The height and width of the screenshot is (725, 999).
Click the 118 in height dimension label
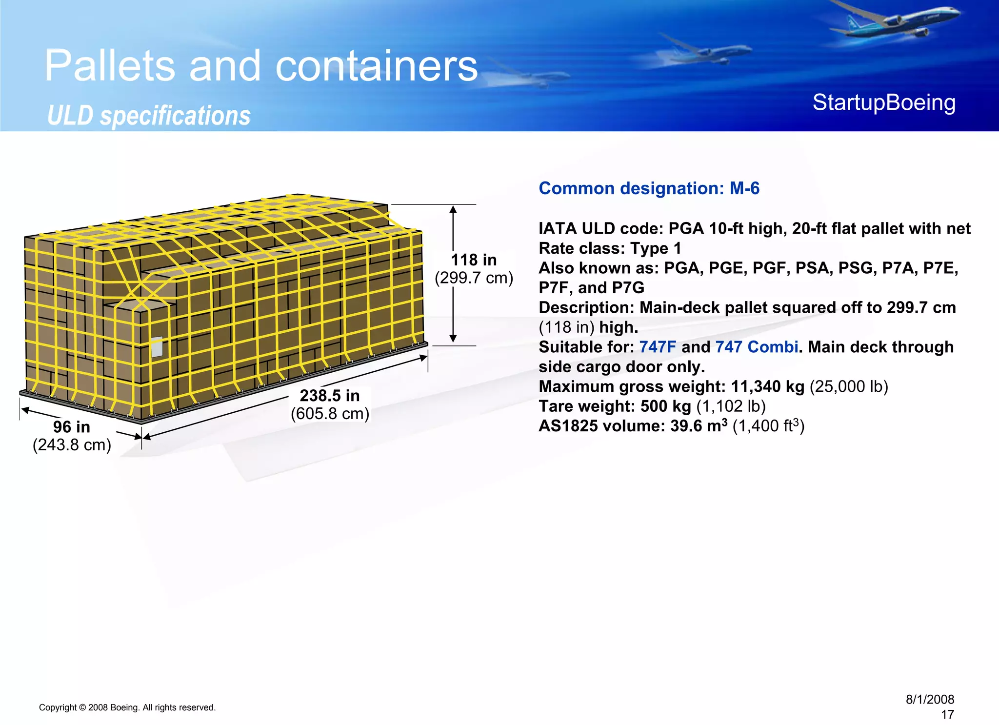coord(473,260)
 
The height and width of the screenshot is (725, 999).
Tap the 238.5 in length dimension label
coord(330,396)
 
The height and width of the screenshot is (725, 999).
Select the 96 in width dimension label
coord(72,427)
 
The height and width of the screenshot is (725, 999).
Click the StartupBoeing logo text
coord(884,103)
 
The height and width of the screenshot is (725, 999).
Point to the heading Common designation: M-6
coord(649,189)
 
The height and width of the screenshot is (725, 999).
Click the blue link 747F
coord(658,347)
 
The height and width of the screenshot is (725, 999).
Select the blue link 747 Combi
coord(757,347)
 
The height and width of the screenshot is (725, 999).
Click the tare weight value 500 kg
coord(665,406)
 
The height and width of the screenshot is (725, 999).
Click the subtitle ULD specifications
coord(149,116)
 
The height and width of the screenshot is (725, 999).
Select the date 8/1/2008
coord(930,700)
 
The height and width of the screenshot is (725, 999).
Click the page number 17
coord(947,715)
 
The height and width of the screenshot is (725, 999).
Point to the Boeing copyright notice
coord(127,707)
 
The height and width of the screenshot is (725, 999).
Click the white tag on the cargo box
coord(157,347)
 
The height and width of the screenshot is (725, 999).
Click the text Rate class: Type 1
coord(610,249)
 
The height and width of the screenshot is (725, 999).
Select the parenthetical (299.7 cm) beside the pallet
coord(474,278)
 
